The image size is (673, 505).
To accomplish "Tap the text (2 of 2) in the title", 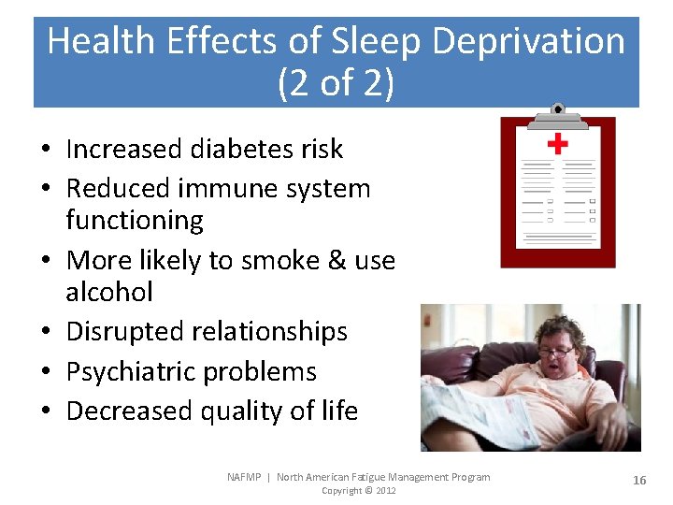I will (336, 83).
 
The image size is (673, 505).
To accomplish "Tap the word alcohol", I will (108, 292).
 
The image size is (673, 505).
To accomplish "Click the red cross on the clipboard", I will (557, 143).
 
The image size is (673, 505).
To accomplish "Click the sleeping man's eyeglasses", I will (557, 352).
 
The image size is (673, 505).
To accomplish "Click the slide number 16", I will (639, 480).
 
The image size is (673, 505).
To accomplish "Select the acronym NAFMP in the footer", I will (246, 477).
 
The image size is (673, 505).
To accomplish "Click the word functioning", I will (135, 221).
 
